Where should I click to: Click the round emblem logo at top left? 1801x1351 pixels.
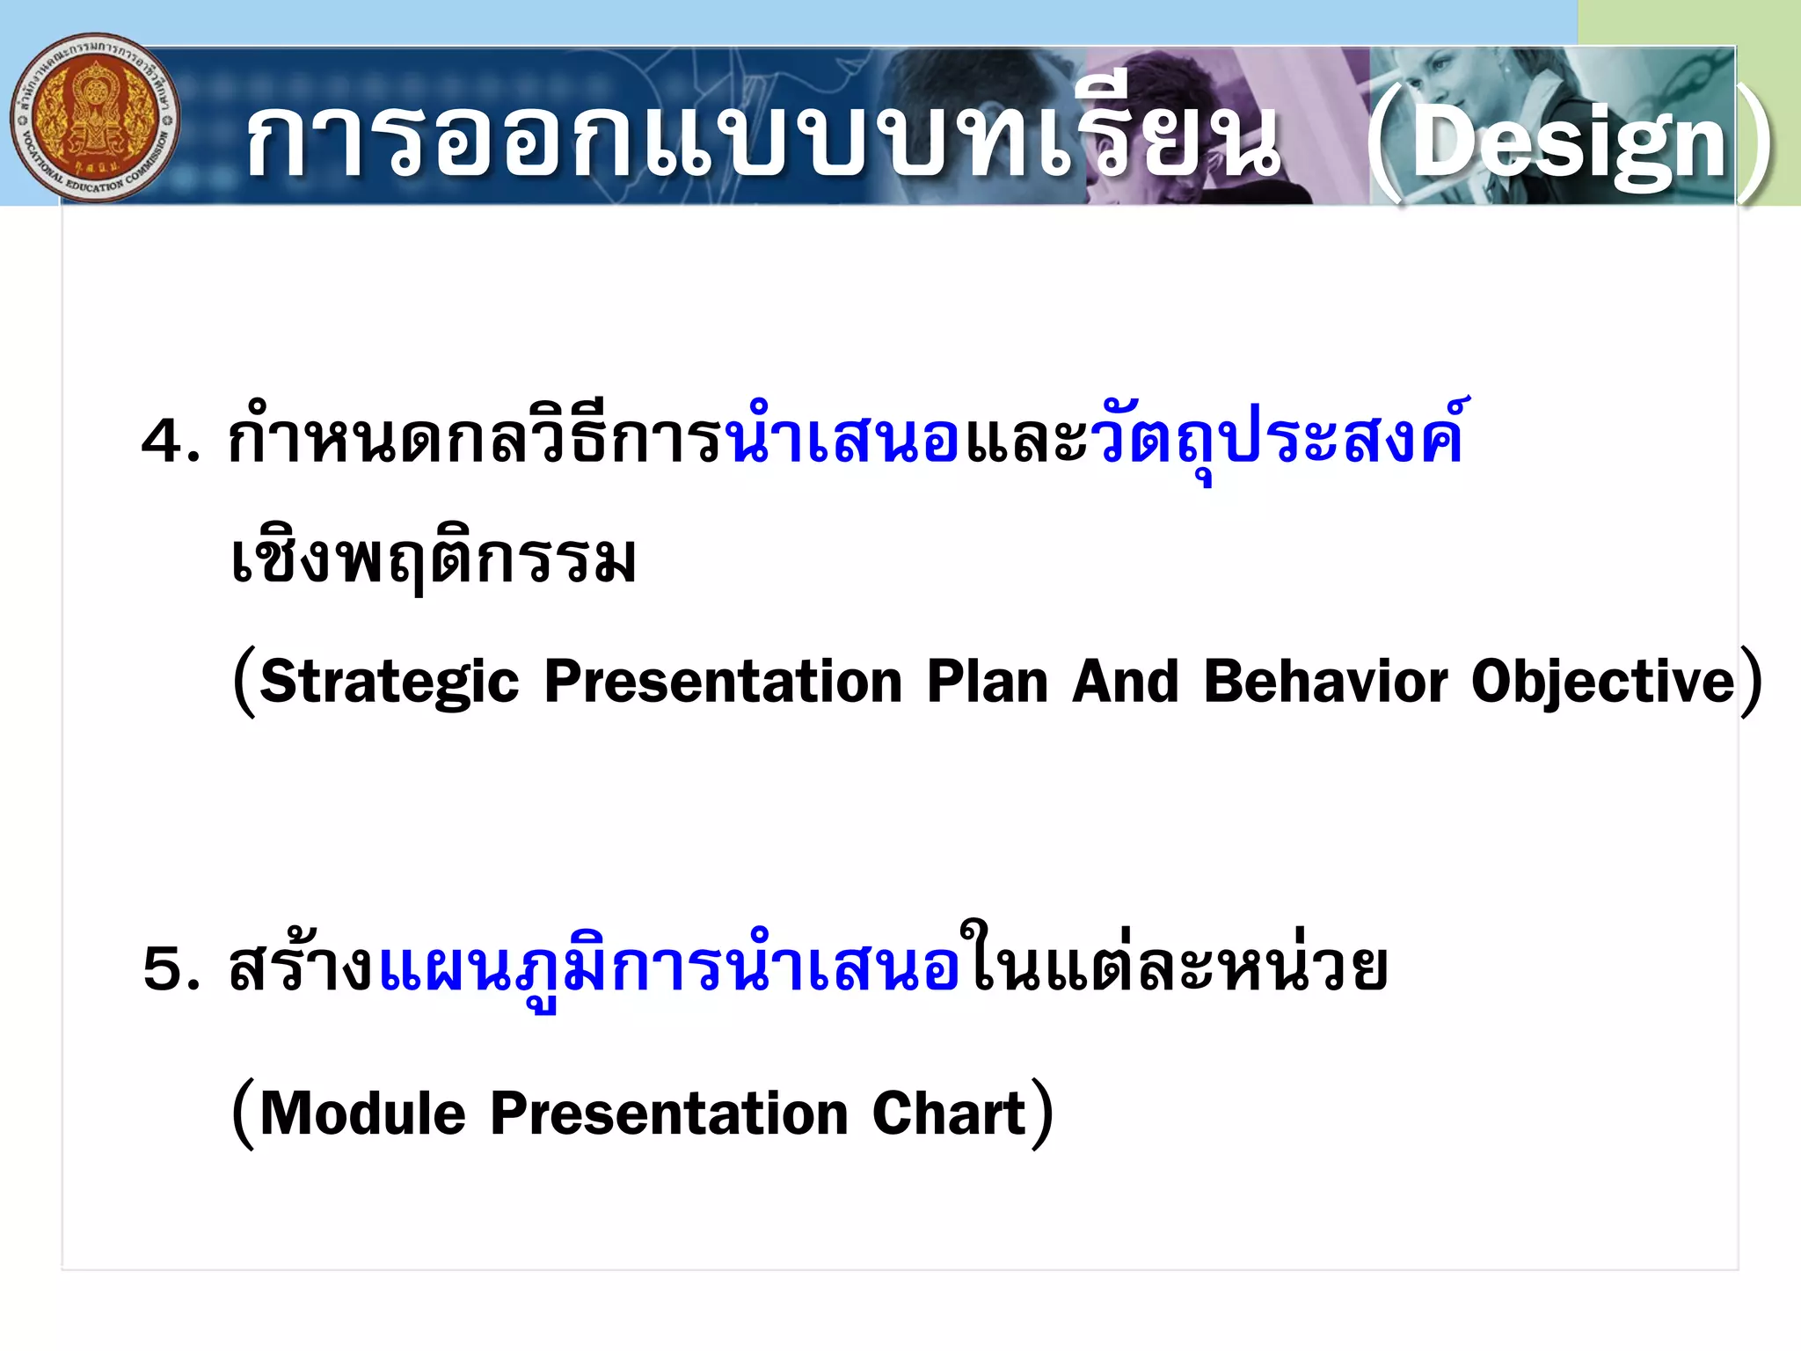pyautogui.click(x=95, y=119)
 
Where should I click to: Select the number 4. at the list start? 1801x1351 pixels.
pyautogui.click(x=170, y=441)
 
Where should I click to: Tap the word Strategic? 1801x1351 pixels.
pyautogui.click(x=390, y=682)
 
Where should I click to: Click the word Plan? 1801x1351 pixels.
pyautogui.click(x=987, y=682)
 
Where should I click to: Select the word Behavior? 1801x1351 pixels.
pyautogui.click(x=1325, y=682)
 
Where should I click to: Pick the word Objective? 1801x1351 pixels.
pyautogui.click(x=1602, y=682)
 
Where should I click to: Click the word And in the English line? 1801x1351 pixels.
pyautogui.click(x=1125, y=682)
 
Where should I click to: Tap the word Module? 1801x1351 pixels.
pyautogui.click(x=362, y=1114)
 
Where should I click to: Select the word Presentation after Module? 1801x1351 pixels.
pyautogui.click(x=668, y=1114)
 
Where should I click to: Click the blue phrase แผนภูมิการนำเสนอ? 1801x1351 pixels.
pyautogui.click(x=668, y=968)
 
